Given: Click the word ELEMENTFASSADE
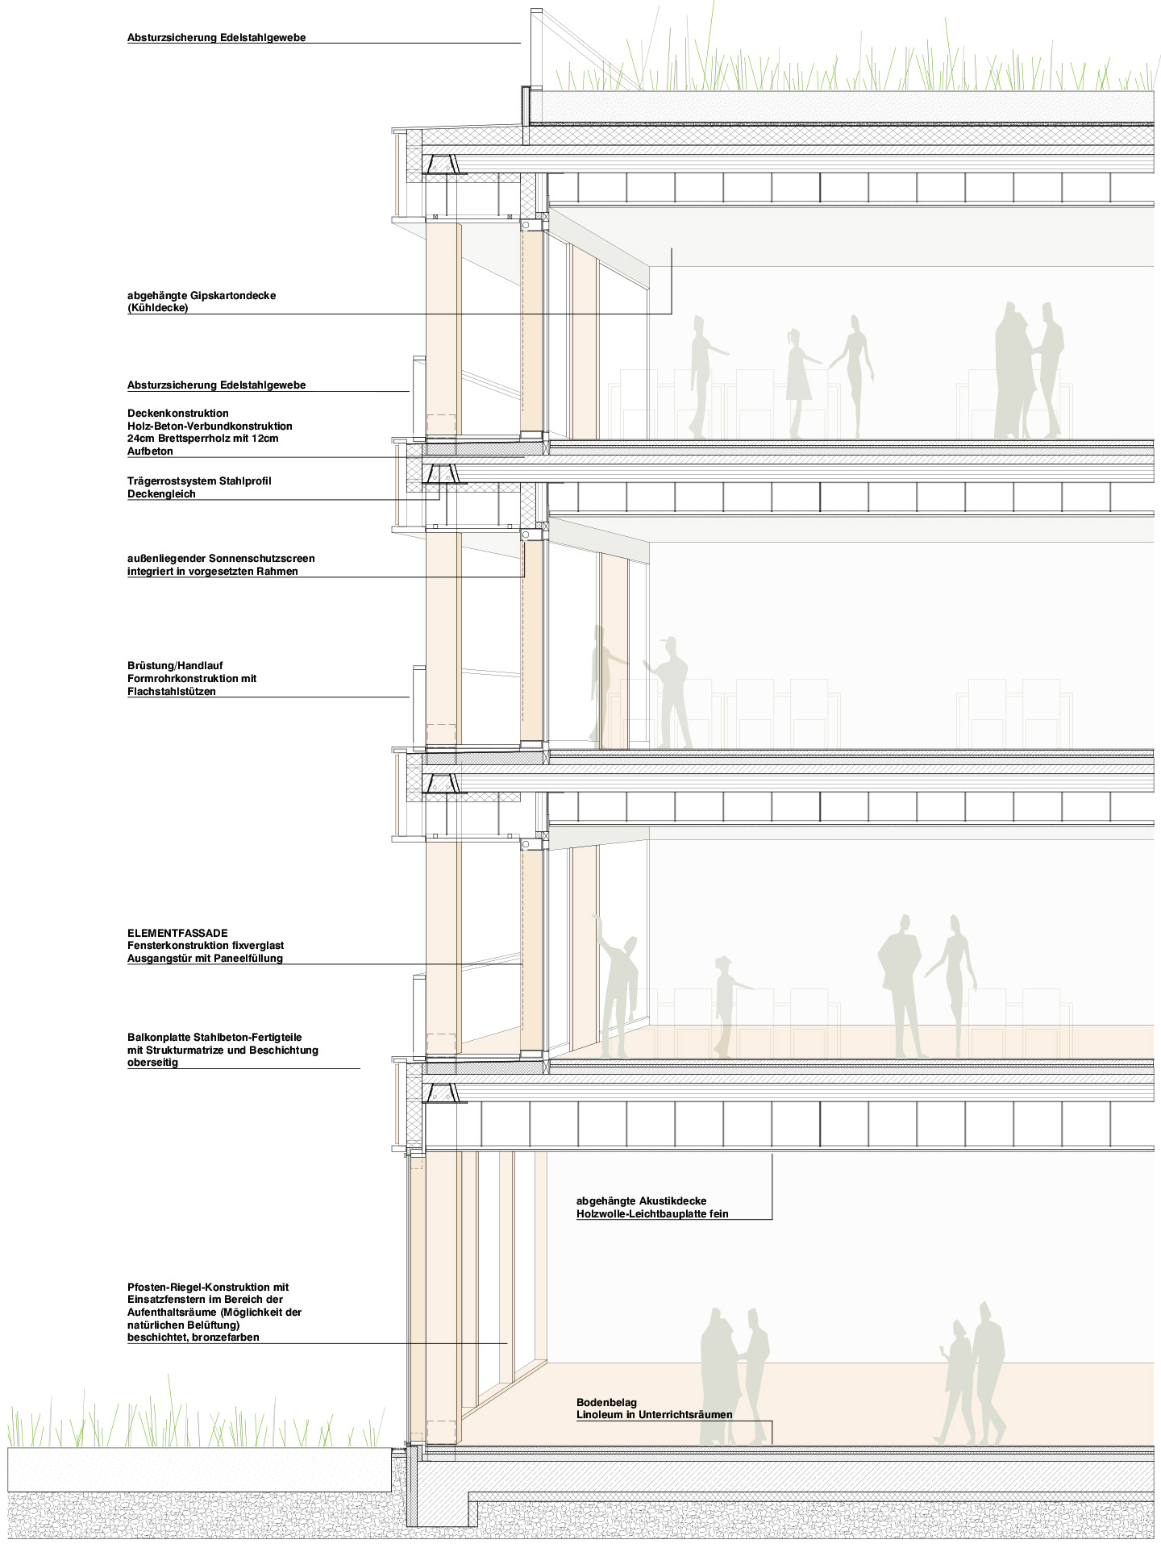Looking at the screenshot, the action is point(177,933).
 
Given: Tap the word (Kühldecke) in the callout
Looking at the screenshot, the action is point(158,308).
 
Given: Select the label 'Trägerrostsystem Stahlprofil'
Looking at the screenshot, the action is point(199,481).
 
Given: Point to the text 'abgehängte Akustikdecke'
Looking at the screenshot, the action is point(642,1201).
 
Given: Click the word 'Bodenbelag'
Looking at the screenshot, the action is point(606,1403).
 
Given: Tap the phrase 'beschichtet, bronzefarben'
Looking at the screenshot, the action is point(193,1338).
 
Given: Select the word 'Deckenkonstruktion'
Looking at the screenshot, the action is point(178,414).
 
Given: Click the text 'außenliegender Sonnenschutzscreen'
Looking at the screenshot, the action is point(221,559).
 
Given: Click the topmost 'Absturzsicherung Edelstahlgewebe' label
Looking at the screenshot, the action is point(217,38).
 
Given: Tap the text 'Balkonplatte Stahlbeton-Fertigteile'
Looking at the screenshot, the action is point(214,1038).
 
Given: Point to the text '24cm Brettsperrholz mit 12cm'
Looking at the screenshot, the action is point(203,439).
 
